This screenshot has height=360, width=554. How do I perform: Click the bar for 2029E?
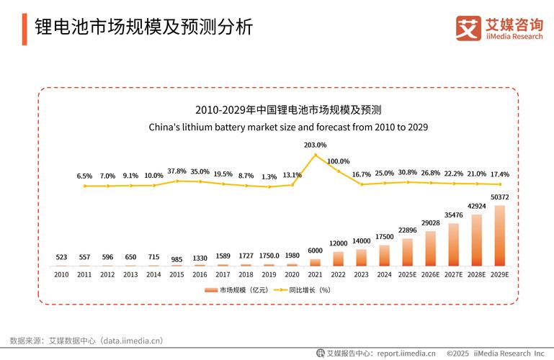499,236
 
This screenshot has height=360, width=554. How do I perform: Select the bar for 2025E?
407,252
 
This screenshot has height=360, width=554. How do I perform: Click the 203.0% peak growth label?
315,145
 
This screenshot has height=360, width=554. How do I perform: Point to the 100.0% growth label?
338,161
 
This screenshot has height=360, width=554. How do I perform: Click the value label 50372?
499,197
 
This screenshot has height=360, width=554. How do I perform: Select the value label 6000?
315,251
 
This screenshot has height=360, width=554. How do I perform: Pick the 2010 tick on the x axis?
61,274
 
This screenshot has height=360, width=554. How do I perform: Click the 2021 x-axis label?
315,274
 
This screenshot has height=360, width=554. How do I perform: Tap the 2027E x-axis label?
453,274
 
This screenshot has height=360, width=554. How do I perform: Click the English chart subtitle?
288,127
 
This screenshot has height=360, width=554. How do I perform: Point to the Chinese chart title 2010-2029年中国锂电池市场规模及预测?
288,110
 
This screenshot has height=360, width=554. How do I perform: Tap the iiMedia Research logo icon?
468,28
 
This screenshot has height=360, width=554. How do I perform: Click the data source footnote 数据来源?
86,340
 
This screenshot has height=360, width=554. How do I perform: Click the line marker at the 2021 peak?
315,155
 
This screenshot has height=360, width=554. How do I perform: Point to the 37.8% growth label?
177,171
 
